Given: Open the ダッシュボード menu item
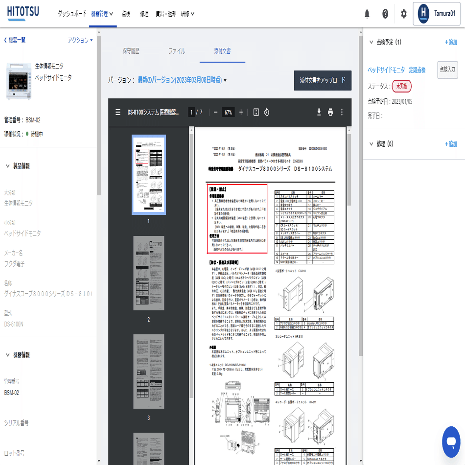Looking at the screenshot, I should click(x=72, y=14).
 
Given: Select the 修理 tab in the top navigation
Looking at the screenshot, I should click(x=144, y=14).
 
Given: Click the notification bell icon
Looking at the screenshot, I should click(x=367, y=14).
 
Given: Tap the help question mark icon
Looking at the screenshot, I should click(x=385, y=14).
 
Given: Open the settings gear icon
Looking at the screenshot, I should click(x=403, y=14).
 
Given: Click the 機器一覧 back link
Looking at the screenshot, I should click(x=16, y=40).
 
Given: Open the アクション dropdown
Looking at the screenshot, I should click(x=80, y=40).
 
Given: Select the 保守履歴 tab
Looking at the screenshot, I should click(x=131, y=51).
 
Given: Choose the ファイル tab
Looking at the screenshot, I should click(x=177, y=51).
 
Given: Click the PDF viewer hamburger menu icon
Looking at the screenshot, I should click(x=117, y=112).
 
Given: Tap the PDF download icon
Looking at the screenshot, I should click(x=319, y=112).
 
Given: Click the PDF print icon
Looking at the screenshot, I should click(x=330, y=112).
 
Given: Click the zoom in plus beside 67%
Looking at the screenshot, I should click(x=241, y=112).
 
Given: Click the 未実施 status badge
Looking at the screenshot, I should click(x=402, y=86).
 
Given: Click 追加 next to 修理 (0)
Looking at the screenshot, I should click(x=450, y=144).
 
